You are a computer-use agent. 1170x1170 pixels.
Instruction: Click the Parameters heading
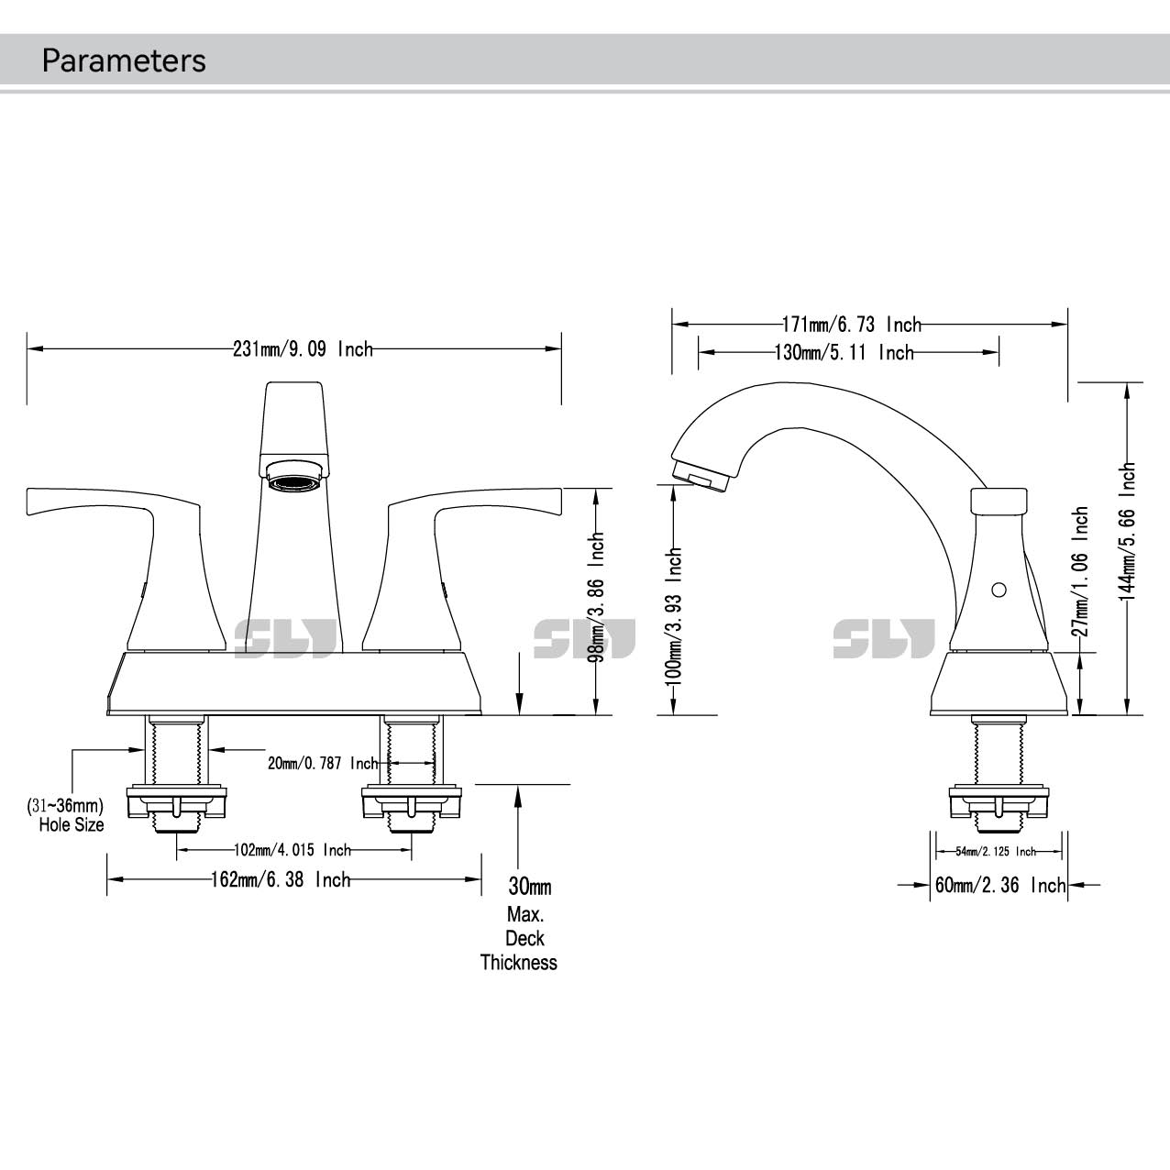[124, 61]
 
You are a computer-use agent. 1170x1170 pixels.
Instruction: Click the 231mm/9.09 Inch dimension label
[303, 349]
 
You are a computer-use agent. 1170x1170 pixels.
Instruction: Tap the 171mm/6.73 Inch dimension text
[851, 325]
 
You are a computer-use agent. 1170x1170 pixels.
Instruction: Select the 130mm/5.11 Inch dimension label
[844, 353]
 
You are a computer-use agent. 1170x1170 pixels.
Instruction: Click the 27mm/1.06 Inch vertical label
[1081, 572]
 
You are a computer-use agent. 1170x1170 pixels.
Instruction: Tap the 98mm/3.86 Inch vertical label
[597, 597]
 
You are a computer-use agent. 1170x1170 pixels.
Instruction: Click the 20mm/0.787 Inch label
[323, 763]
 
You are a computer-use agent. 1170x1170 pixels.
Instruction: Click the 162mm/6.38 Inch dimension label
[281, 879]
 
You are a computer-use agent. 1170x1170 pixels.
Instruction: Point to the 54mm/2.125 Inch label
[996, 852]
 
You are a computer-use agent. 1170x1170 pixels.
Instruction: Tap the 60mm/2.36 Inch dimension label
[999, 886]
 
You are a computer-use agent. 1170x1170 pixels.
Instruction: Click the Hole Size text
[71, 824]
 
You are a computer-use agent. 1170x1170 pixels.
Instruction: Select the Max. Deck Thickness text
[519, 938]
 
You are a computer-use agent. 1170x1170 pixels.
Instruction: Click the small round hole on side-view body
[999, 588]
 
